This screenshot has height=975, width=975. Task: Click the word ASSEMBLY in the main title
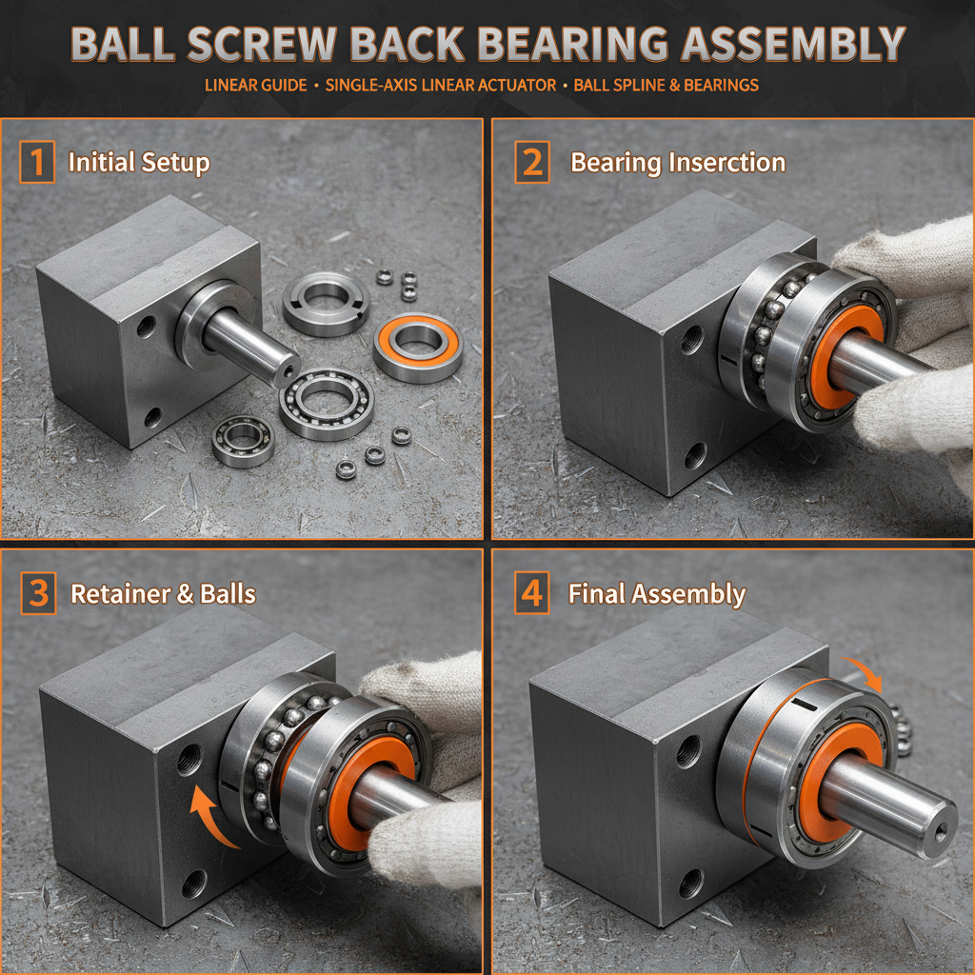(x=793, y=44)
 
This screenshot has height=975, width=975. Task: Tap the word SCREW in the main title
(x=262, y=44)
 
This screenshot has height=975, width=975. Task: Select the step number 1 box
(x=37, y=162)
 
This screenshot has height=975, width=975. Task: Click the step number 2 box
(x=532, y=162)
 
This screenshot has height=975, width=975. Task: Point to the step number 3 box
(x=38, y=593)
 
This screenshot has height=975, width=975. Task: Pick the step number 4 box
(x=532, y=592)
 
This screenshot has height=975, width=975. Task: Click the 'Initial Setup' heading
(x=139, y=163)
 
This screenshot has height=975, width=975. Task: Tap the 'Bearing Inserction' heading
(x=678, y=163)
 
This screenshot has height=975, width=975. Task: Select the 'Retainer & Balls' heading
(x=164, y=594)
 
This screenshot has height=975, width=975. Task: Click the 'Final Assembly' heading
(x=657, y=594)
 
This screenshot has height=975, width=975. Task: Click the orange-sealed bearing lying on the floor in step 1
(x=418, y=347)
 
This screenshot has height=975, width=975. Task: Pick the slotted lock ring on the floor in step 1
(x=326, y=303)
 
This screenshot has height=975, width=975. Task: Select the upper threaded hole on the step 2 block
(x=691, y=340)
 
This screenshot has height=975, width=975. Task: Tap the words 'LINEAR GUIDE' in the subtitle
(x=255, y=85)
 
